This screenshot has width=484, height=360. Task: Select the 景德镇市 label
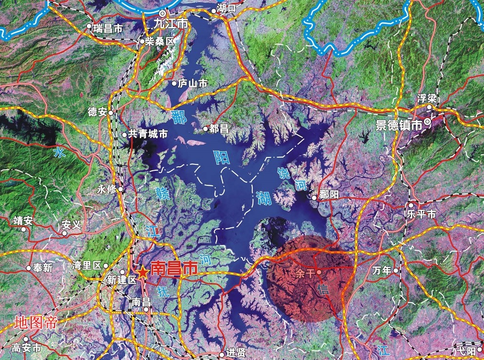pos(398,125)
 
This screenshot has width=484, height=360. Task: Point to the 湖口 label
pos(227,8)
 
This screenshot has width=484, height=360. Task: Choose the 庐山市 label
pos(193,84)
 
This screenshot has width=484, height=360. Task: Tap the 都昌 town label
pos(219,128)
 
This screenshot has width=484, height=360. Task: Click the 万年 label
pos(382,270)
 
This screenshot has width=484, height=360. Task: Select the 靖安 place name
pos(23,221)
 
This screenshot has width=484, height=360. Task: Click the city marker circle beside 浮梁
pos(429,107)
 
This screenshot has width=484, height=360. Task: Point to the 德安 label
pos(97,112)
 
